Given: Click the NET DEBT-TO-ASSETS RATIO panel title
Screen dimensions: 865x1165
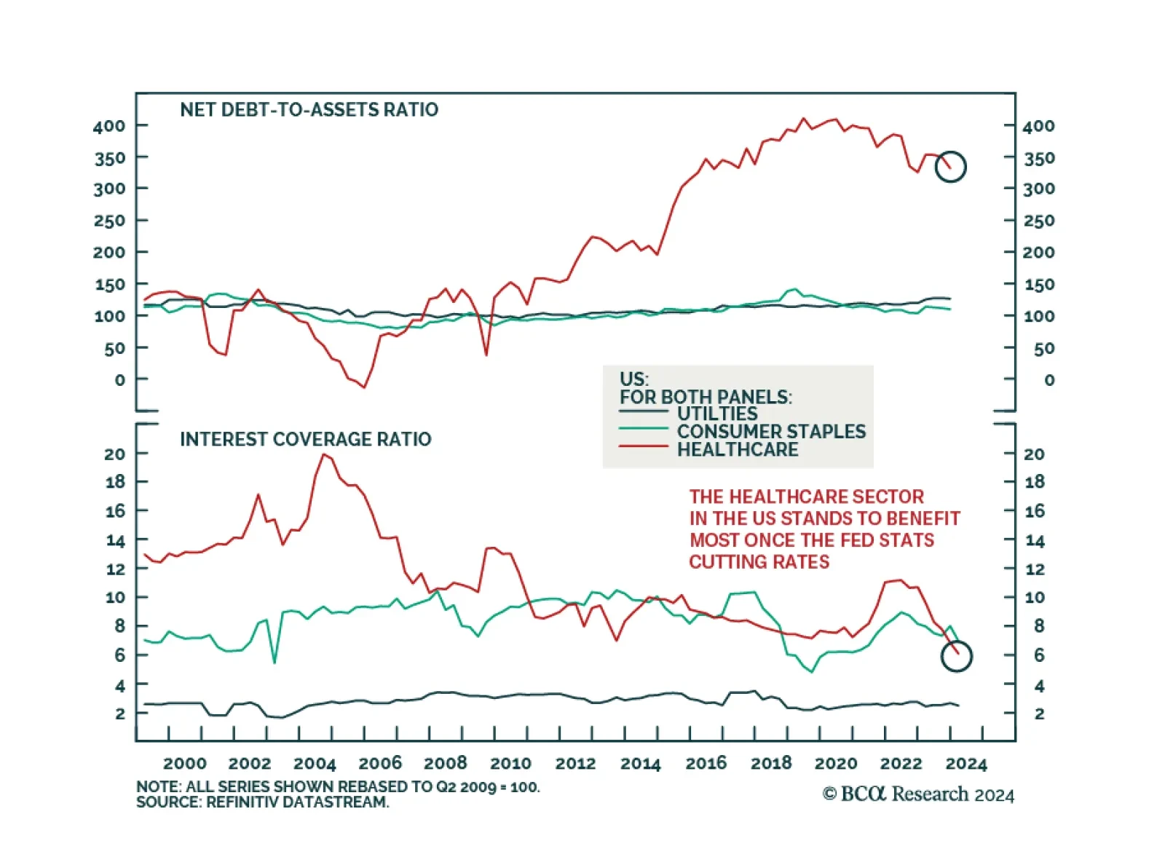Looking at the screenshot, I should click(x=309, y=110).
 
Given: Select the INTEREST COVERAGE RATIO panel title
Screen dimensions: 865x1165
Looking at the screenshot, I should click(x=305, y=439).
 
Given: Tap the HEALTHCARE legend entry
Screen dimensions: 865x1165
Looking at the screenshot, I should click(x=737, y=450).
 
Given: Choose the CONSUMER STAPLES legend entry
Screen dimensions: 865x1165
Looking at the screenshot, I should click(x=771, y=432).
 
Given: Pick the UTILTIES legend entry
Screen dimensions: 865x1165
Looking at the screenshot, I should click(x=716, y=414).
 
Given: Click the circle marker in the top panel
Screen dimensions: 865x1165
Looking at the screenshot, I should click(x=950, y=167).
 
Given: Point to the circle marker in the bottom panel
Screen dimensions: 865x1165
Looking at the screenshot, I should click(x=956, y=656).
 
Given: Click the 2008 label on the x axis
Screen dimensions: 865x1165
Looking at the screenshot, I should click(x=445, y=763).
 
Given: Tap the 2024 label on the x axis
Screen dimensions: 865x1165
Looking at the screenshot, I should click(x=965, y=763).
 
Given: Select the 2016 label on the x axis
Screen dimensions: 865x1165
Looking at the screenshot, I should click(x=706, y=763).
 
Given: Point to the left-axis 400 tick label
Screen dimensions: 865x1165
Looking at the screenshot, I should click(x=109, y=127).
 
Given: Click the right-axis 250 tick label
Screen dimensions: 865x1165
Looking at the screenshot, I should click(x=1038, y=221).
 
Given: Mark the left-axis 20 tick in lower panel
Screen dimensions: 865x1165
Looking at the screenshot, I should click(x=115, y=454).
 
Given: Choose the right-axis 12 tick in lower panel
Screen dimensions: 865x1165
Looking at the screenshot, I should click(x=1035, y=569).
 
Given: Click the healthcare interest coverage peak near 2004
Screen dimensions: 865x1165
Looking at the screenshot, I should click(x=324, y=454).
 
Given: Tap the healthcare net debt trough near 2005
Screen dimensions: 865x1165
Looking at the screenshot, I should click(x=364, y=387).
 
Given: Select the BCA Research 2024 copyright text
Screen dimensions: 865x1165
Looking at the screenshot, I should click(x=918, y=794).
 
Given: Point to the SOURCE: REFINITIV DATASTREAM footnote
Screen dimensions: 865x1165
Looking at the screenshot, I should click(x=262, y=802).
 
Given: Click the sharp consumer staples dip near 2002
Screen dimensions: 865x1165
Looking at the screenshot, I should click(x=275, y=662).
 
